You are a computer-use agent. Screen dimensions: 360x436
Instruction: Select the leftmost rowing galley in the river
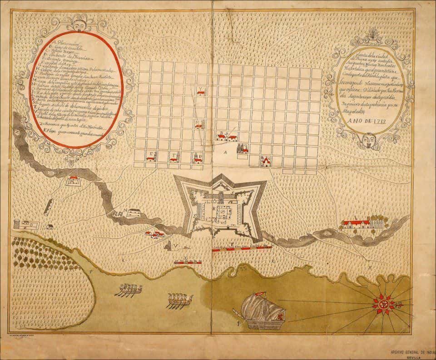tap(129, 290)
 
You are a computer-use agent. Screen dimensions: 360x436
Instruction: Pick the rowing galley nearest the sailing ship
tap(179, 299)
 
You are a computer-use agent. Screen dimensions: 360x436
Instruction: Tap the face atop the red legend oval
tap(77, 25)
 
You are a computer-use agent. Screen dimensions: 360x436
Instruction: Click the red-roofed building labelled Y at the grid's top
tap(200, 92)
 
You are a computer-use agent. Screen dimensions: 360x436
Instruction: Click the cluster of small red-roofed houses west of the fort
tap(154, 234)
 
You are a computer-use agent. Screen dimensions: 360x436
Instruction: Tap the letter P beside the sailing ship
tap(238, 324)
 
